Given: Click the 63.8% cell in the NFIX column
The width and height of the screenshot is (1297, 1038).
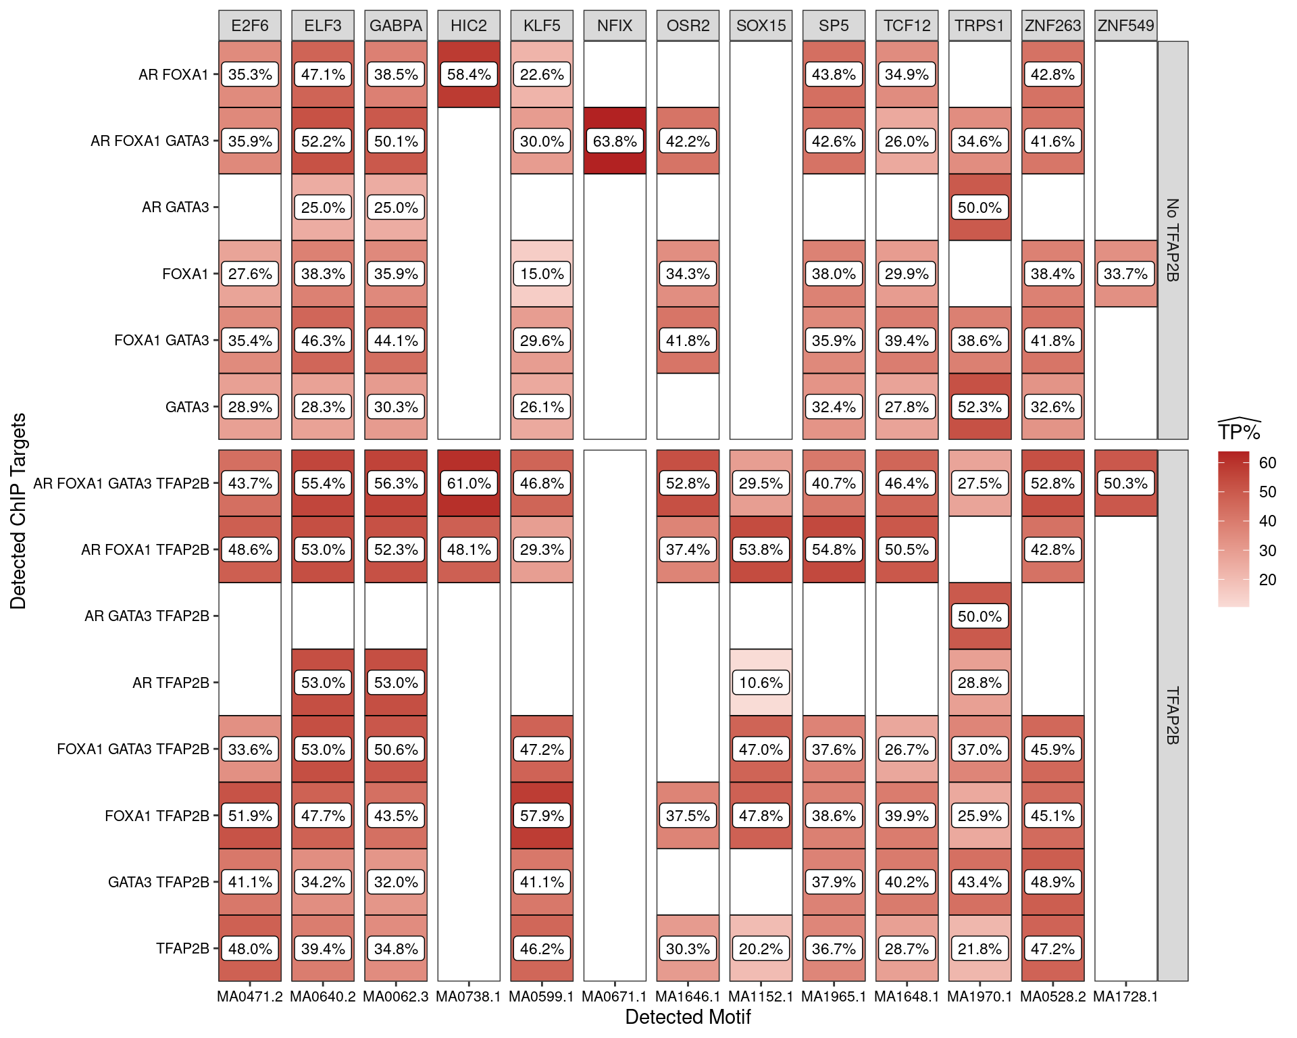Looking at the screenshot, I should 615,141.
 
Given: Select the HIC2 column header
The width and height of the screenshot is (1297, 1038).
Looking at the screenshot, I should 469,26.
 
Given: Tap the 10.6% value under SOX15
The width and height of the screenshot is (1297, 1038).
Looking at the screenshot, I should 761,683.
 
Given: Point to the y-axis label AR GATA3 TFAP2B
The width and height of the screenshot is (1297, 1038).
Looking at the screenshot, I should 147,616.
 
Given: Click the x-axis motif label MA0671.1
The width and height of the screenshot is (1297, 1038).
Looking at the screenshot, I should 614,997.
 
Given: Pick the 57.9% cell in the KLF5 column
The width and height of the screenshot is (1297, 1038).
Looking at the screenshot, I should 542,816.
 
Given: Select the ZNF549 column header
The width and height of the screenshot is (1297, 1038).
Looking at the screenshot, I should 1125,26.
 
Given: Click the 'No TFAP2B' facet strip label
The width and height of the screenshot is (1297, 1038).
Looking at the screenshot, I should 1173,240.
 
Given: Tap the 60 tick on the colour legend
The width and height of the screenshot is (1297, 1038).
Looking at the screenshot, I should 1267,463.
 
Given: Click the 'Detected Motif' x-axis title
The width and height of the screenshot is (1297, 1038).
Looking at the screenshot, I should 688,1017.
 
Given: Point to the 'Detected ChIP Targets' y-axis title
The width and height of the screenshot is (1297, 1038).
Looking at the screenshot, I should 18,511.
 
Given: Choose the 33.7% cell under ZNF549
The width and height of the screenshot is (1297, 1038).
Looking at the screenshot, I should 1125,274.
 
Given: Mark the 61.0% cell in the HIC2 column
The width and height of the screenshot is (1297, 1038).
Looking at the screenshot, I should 469,483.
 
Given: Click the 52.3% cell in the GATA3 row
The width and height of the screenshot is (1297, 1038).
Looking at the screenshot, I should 980,407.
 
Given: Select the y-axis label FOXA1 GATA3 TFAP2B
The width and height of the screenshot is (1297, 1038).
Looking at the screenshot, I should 133,749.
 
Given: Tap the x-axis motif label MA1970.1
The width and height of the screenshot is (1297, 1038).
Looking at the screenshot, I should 980,997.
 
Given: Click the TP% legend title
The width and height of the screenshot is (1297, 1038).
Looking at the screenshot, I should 1239,431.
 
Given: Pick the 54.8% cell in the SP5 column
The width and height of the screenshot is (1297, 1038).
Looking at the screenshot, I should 834,549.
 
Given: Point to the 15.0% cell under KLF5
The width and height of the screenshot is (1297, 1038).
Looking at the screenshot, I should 542,274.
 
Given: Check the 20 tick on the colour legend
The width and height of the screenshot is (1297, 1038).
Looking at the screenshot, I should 1267,580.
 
